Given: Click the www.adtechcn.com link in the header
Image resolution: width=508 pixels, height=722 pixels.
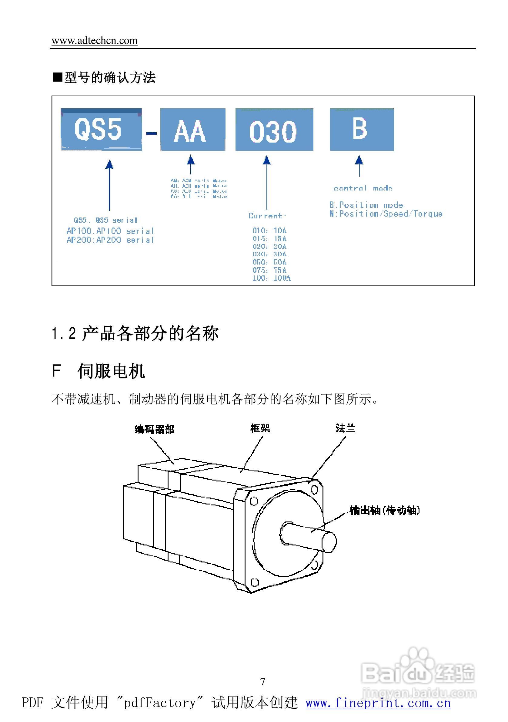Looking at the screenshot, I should pos(94,41).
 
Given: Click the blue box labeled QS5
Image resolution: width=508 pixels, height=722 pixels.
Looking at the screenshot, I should pos(101,130).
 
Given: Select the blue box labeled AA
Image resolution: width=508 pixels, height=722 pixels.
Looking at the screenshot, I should pos(192,130).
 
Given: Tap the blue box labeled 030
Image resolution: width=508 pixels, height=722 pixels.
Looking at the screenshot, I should pos(274,130).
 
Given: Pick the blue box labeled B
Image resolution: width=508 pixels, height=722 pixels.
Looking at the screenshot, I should pos(361,130).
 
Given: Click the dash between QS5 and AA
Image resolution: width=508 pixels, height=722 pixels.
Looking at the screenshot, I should pos(151,133).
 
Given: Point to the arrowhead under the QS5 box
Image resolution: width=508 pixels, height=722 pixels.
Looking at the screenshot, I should pos(109,164).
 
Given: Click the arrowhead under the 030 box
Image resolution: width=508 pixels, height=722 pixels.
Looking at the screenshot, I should pos(266,160).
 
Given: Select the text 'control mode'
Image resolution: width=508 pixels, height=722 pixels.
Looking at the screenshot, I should pos(363,188).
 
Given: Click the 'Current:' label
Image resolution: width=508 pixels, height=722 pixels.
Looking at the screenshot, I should pos(267,216).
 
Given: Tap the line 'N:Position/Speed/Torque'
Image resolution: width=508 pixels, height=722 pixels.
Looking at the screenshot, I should pos(386,214).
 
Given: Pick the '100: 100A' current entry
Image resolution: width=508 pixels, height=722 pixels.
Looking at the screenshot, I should pos(272,278).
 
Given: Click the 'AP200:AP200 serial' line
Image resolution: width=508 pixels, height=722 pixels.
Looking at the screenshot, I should pos(110,240).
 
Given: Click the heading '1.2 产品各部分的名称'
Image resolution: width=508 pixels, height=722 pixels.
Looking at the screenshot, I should pos(135,333).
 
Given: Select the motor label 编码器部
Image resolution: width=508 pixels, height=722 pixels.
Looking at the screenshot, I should pos(154,429).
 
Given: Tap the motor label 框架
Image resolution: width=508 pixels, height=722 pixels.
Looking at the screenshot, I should pos(260,428).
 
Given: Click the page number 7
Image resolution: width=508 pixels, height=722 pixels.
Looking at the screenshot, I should pos(263,681).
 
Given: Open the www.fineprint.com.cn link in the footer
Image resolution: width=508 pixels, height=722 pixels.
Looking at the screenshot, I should pos(378,703).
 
